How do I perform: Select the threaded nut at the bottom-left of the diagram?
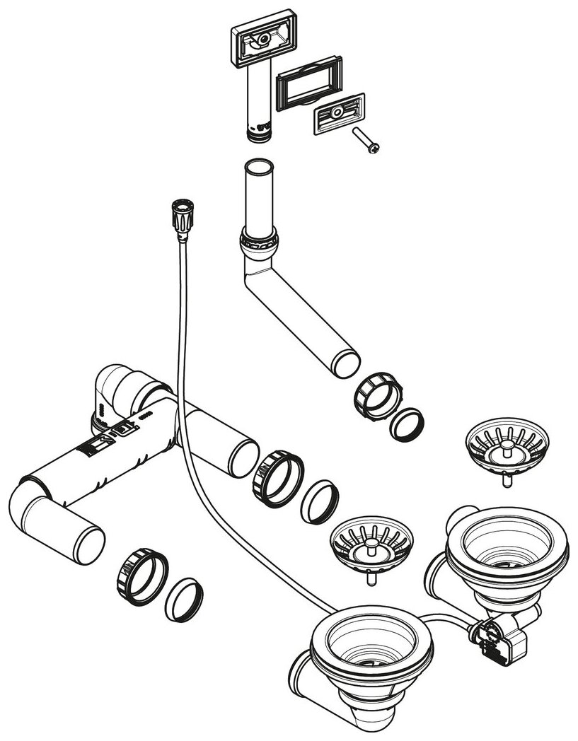[141, 575]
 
